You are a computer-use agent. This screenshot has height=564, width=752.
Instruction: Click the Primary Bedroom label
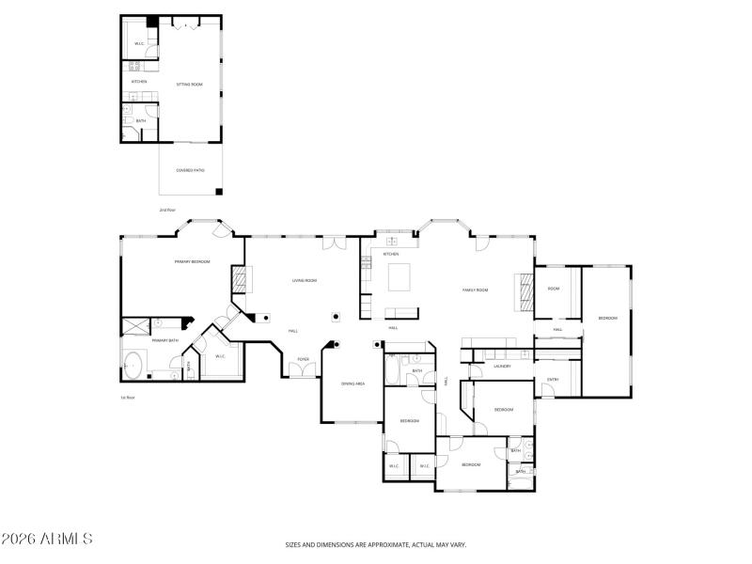tap(192, 261)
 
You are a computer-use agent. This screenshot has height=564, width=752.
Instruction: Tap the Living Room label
tap(304, 280)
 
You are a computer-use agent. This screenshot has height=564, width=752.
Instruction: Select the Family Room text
tap(475, 290)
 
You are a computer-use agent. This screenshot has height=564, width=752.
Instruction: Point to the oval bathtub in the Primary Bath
tap(133, 363)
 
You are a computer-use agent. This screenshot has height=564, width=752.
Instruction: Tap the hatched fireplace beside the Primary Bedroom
tap(240, 280)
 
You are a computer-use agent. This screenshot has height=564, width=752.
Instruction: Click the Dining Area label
tap(352, 384)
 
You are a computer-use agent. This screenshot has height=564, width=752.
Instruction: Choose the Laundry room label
tap(502, 366)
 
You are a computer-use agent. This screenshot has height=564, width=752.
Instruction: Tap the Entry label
tap(553, 380)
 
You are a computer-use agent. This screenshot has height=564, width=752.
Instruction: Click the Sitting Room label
tap(190, 85)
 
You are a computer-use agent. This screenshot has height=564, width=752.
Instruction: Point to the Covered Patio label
tap(190, 170)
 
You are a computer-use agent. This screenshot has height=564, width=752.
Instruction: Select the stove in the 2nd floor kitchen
tap(134, 66)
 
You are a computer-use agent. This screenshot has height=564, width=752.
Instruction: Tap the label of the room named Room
tap(555, 289)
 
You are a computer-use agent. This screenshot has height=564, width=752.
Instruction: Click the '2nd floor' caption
tap(167, 210)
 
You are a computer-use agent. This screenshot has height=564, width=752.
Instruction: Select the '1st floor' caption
tap(128, 398)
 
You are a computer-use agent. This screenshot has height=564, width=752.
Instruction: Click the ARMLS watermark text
tap(47, 540)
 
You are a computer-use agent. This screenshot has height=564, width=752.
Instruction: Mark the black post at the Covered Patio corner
tap(219, 192)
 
